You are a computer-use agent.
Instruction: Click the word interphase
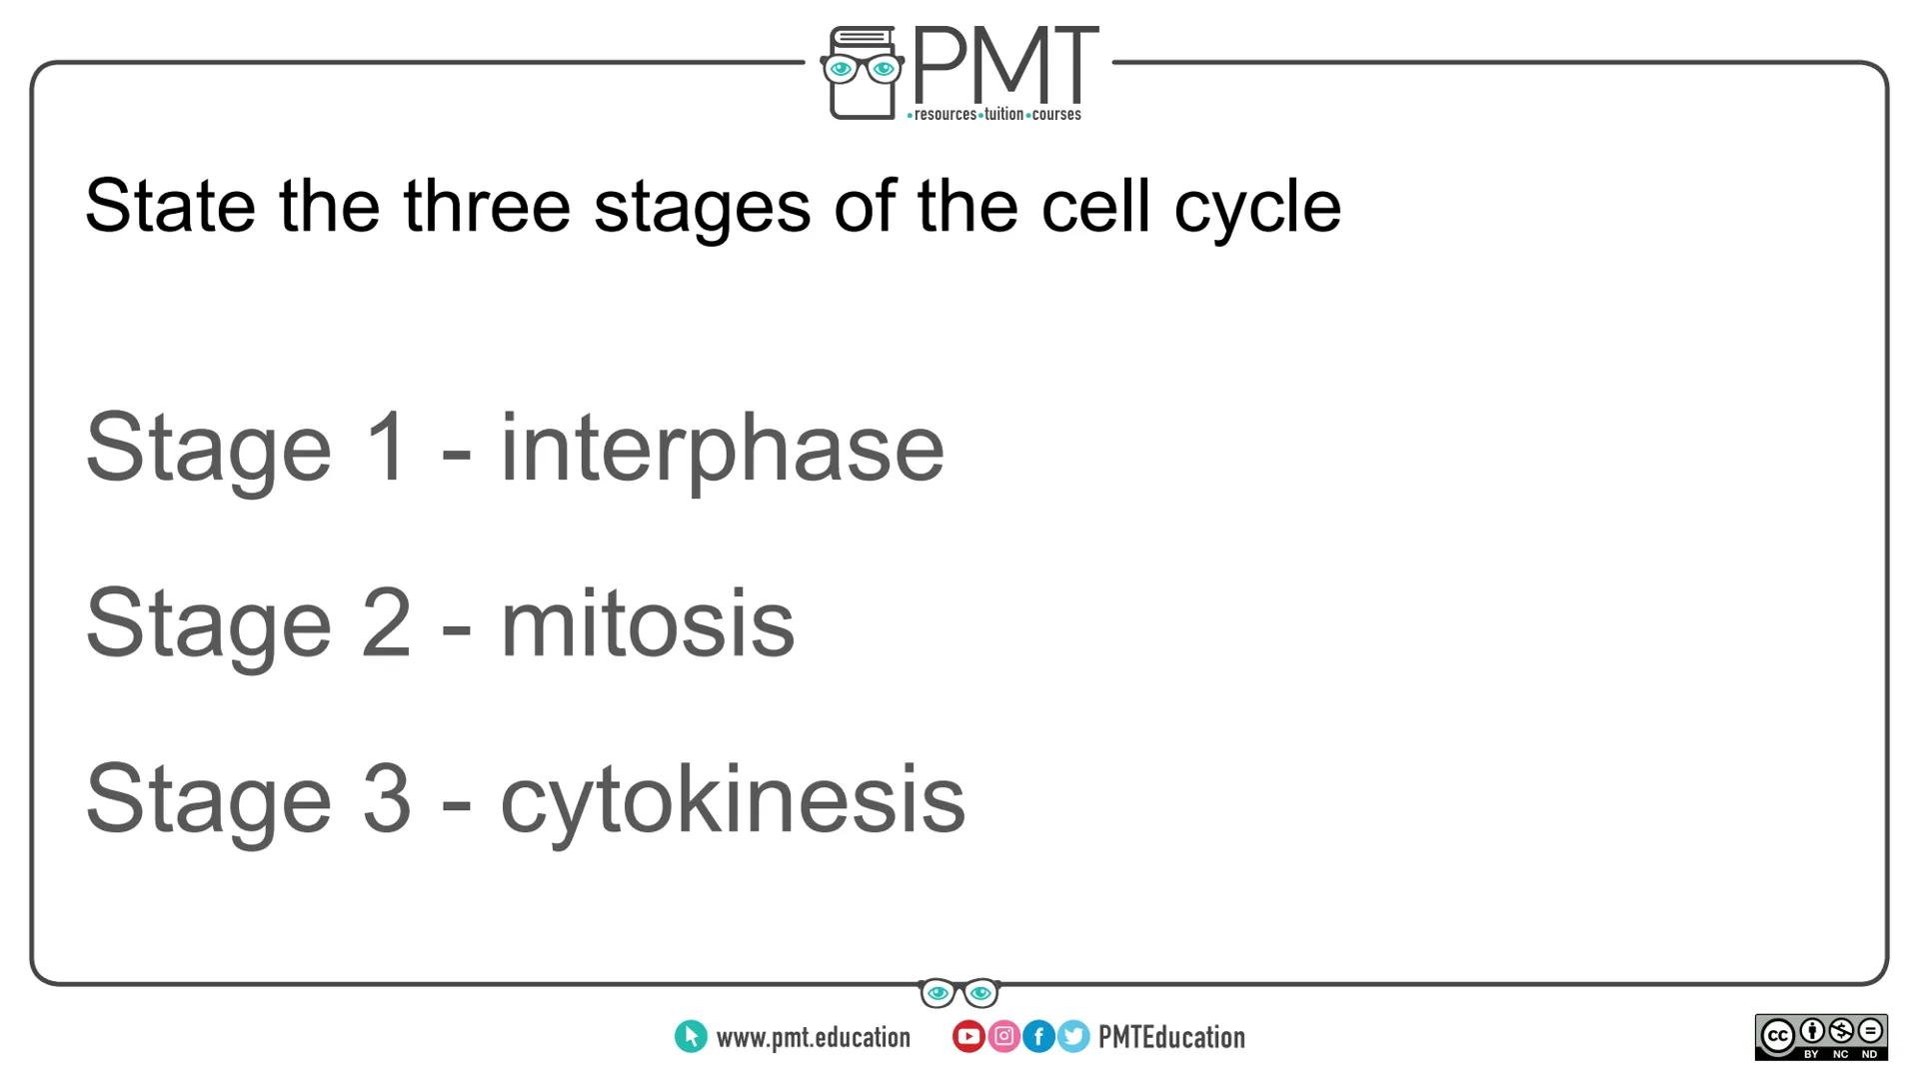tap(721, 449)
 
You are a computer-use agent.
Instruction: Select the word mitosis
tap(647, 624)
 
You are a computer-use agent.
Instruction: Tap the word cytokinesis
tap(732, 800)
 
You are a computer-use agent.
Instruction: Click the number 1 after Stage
tap(386, 447)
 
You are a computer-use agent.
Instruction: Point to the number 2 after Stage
tap(386, 623)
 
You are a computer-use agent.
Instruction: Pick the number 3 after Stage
tap(386, 799)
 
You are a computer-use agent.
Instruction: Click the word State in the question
tap(170, 207)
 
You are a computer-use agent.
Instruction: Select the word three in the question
tap(487, 207)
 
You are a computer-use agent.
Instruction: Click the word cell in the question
tap(1095, 207)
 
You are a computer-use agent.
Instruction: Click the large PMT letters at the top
tap(1004, 64)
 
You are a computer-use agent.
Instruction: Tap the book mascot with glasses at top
tap(862, 73)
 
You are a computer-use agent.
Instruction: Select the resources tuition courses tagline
tap(994, 115)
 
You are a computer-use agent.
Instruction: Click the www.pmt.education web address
tap(813, 1038)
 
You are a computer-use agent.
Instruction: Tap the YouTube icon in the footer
tap(967, 1037)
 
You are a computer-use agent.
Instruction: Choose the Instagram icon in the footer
tap(1003, 1037)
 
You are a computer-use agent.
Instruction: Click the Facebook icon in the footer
tap(1038, 1037)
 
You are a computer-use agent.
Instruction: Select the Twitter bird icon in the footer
tap(1073, 1037)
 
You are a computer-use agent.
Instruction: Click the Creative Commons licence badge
tap(1820, 1037)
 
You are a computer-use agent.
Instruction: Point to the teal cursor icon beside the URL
tap(691, 1037)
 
